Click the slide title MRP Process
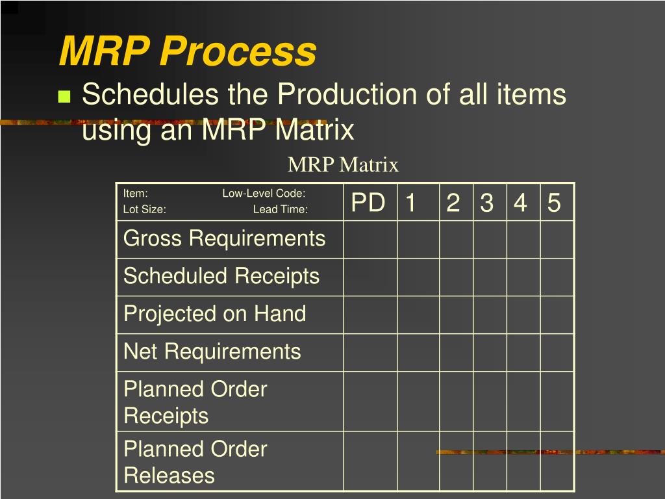[x=188, y=51]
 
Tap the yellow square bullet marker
[x=64, y=97]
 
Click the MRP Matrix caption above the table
[x=343, y=165]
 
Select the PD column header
[x=368, y=203]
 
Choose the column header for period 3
[x=487, y=203]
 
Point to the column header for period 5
[x=554, y=203]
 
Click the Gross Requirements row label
[x=224, y=238]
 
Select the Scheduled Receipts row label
[x=221, y=276]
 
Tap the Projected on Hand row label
[x=214, y=314]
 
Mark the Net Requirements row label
[x=212, y=352]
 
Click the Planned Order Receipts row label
[x=195, y=402]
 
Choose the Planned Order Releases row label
[x=195, y=462]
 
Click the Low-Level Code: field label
[x=264, y=193]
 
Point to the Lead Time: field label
[x=280, y=209]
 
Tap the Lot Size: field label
[x=145, y=209]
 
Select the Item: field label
[x=136, y=193]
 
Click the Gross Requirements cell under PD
[x=370, y=239]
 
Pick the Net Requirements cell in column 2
[x=456, y=352]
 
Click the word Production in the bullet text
[x=348, y=95]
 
